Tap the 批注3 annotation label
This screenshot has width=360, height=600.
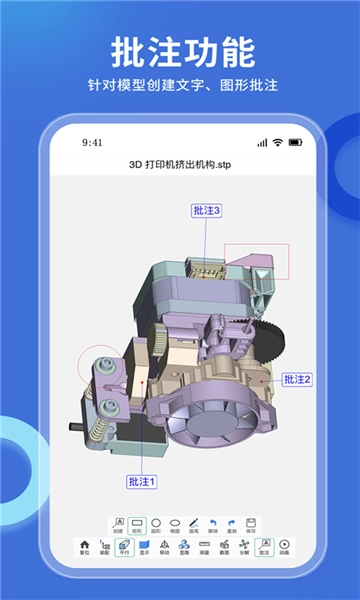pyautogui.click(x=206, y=210)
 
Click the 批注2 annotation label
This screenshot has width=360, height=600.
pyautogui.click(x=297, y=379)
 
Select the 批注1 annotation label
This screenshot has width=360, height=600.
pyautogui.click(x=142, y=482)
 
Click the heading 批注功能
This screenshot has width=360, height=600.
pyautogui.click(x=180, y=50)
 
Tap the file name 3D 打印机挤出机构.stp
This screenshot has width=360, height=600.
pyautogui.click(x=180, y=163)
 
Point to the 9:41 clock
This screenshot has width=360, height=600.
pyautogui.click(x=93, y=142)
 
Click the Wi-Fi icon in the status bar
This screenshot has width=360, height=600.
pyautogui.click(x=276, y=142)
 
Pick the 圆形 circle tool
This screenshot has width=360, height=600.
pyautogui.click(x=156, y=525)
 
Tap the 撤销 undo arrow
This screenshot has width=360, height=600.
pyautogui.click(x=212, y=525)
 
